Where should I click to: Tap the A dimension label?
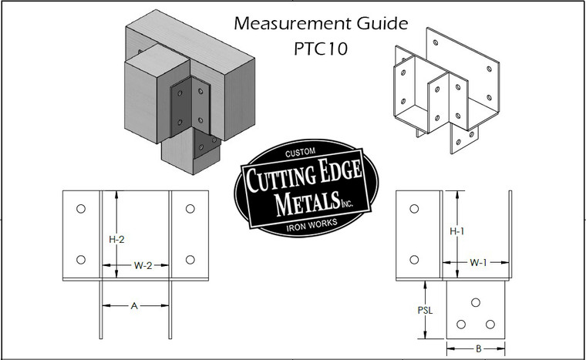[134, 306]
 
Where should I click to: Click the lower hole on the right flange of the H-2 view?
[190, 259]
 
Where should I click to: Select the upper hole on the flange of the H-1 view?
[415, 209]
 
